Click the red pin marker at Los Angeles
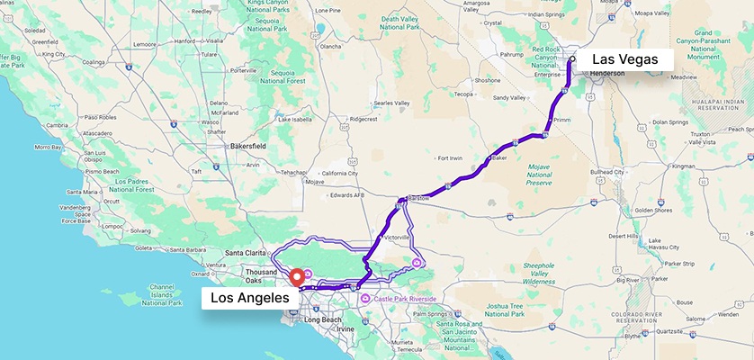coord(296,276)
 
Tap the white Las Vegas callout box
coord(624,59)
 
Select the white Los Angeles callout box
coord(248,298)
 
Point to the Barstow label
coord(419,197)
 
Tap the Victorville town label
coord(397,237)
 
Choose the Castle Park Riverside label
coord(404,298)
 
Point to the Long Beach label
coord(324,319)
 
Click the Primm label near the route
coord(562,120)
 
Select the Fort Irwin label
coord(449,158)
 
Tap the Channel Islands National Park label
coord(162,293)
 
